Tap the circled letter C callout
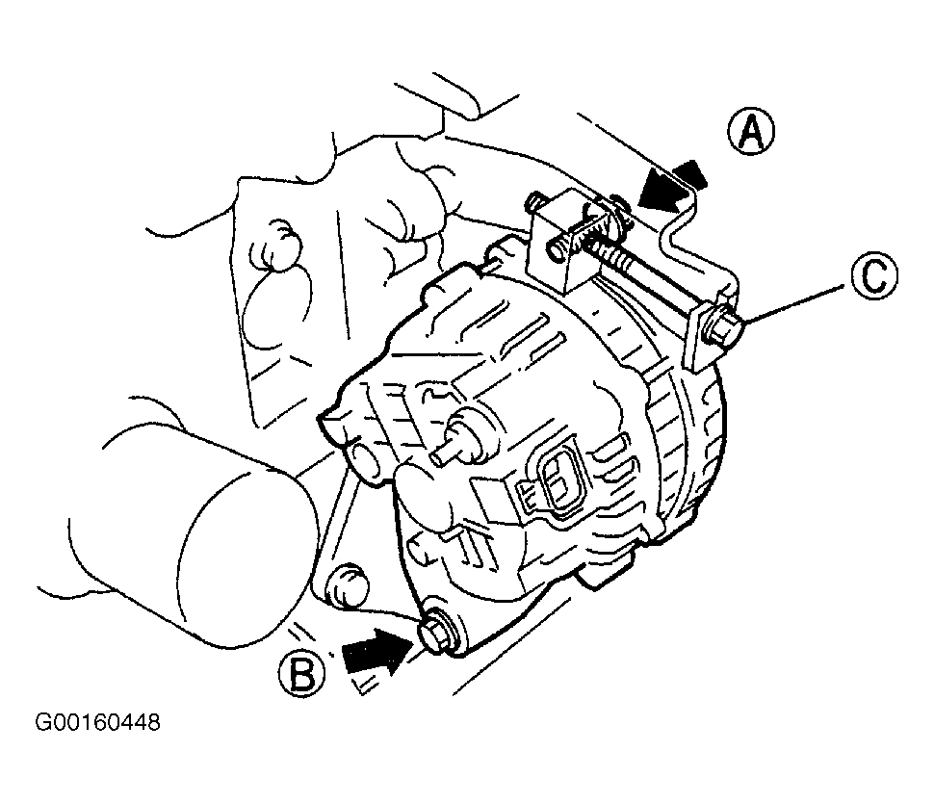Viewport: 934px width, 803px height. pyautogui.click(x=873, y=274)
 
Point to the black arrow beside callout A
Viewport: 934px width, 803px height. pyautogui.click(x=674, y=185)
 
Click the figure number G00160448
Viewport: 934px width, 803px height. pyautogui.click(x=97, y=722)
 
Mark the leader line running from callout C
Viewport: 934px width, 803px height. pyautogui.click(x=795, y=305)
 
